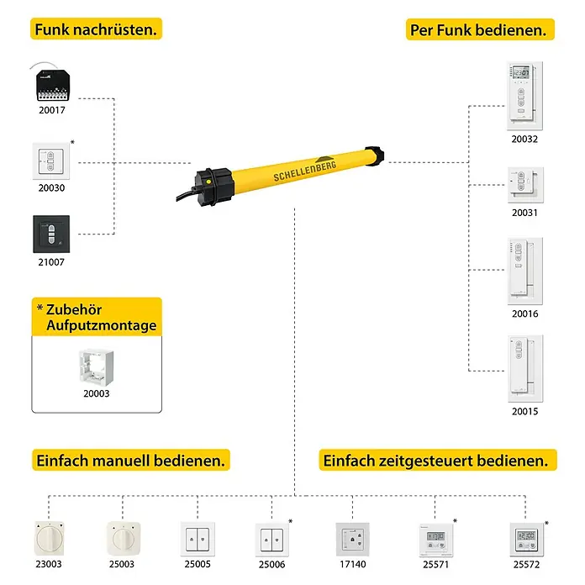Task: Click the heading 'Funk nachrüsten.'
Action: pyautogui.click(x=96, y=29)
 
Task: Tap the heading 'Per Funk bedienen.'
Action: pyautogui.click(x=478, y=30)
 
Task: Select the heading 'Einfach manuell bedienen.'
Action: pyautogui.click(x=130, y=461)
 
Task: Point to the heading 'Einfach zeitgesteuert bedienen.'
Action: pyautogui.click(x=435, y=461)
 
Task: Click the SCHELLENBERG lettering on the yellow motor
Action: pyautogui.click(x=305, y=171)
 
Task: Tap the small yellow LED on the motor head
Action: pyautogui.click(x=209, y=182)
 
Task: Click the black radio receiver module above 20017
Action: pyautogui.click(x=53, y=85)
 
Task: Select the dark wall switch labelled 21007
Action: pyautogui.click(x=51, y=234)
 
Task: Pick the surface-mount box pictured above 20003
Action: pyautogui.click(x=97, y=367)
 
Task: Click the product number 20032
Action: pyautogui.click(x=524, y=140)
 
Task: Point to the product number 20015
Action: pyautogui.click(x=525, y=412)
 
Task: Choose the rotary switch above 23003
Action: pyautogui.click(x=49, y=539)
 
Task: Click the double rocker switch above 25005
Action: pyautogui.click(x=198, y=539)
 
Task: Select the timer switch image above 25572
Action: pyautogui.click(x=526, y=540)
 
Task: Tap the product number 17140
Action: pyautogui.click(x=352, y=564)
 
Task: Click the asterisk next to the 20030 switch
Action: pyautogui.click(x=72, y=142)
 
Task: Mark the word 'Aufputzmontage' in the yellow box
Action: pyautogui.click(x=102, y=325)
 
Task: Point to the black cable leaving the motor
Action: pyautogui.click(x=186, y=194)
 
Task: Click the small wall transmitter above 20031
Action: pyautogui.click(x=525, y=185)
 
